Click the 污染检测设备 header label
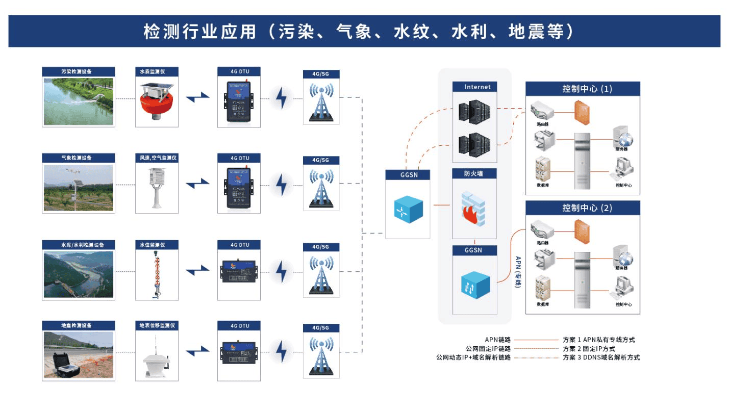click(x=78, y=71)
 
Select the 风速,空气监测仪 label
click(x=157, y=158)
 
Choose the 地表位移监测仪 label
click(x=157, y=325)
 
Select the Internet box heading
click(x=474, y=87)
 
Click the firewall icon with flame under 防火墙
click(x=474, y=209)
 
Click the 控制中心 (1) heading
click(x=583, y=89)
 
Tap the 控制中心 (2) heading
click(x=583, y=208)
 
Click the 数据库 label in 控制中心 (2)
click(x=542, y=304)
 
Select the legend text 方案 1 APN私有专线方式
click(x=598, y=340)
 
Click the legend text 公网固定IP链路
click(x=489, y=349)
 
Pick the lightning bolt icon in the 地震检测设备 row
click(x=281, y=352)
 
